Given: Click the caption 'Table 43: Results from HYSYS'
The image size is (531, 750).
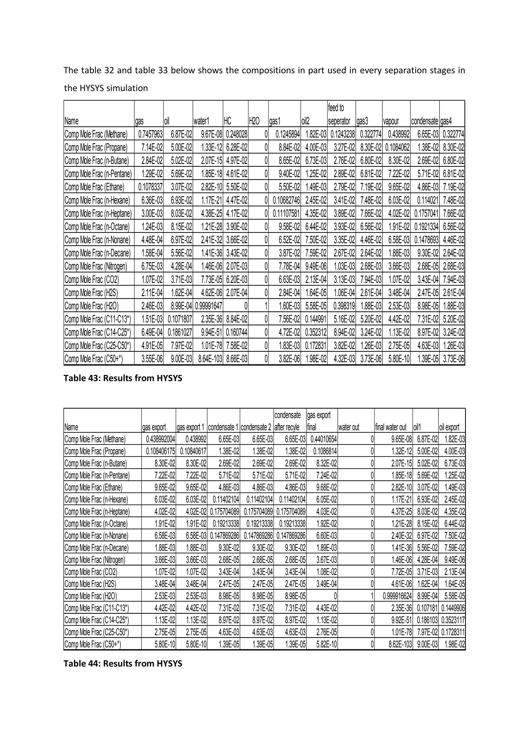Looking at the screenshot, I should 123,378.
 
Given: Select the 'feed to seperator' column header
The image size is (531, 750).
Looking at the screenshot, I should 339,114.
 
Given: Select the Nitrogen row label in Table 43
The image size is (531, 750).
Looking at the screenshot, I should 96,266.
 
